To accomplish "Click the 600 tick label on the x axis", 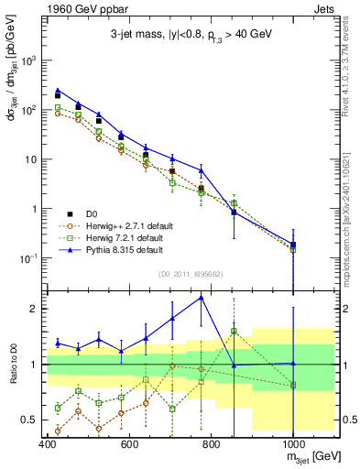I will [129, 446].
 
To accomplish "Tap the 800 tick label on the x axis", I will [212, 446].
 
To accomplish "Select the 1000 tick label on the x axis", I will [293, 446].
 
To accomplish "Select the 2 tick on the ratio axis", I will [36, 309].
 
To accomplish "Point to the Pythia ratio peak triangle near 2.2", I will [202, 297].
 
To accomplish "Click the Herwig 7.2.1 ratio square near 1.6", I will [234, 331].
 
